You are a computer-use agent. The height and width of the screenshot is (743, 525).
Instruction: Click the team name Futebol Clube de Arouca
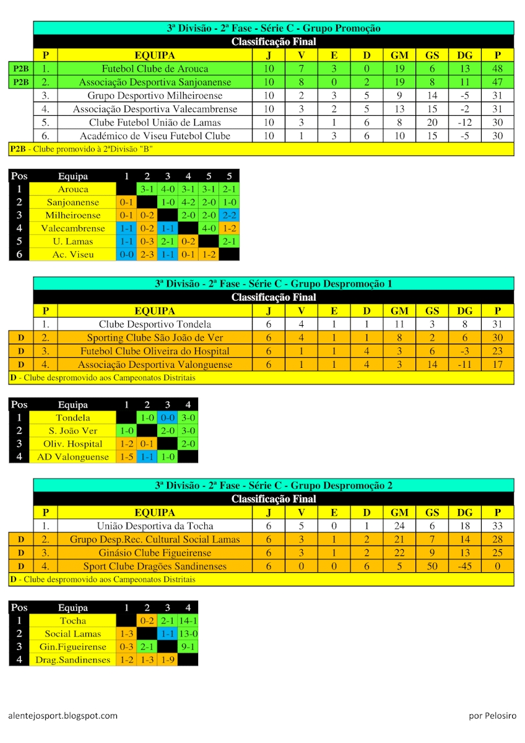[x=155, y=69]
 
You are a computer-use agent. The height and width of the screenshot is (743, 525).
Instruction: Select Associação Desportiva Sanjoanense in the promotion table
[x=155, y=82]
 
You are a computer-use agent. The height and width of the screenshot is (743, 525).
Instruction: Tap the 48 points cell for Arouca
[x=497, y=69]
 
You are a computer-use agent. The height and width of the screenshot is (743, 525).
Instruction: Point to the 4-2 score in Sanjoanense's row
[x=188, y=202]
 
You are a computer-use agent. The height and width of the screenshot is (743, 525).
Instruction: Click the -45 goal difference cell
[x=464, y=566]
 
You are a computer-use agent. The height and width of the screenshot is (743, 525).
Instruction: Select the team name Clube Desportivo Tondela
[x=155, y=324]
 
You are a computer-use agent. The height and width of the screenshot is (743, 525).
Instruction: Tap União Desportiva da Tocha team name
[x=155, y=526]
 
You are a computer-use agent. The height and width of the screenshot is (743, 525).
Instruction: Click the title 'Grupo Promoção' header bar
[x=273, y=28]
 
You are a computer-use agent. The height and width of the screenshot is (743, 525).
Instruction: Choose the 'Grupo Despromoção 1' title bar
[x=273, y=284]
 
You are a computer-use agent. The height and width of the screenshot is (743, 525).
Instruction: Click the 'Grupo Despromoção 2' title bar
[x=273, y=485]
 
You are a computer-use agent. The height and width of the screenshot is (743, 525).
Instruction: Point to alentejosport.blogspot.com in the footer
[x=63, y=715]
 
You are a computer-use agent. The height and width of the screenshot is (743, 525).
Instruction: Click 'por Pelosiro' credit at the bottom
[x=492, y=715]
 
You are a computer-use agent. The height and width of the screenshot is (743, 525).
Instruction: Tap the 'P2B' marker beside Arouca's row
[x=21, y=69]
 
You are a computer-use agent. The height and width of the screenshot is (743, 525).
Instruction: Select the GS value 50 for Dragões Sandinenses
[x=432, y=566]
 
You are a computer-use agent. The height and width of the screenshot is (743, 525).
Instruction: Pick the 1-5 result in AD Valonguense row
[x=126, y=457]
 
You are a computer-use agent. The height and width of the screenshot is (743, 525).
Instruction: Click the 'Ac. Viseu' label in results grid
[x=73, y=254]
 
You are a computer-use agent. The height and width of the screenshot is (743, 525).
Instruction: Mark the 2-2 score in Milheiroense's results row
[x=229, y=215]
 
